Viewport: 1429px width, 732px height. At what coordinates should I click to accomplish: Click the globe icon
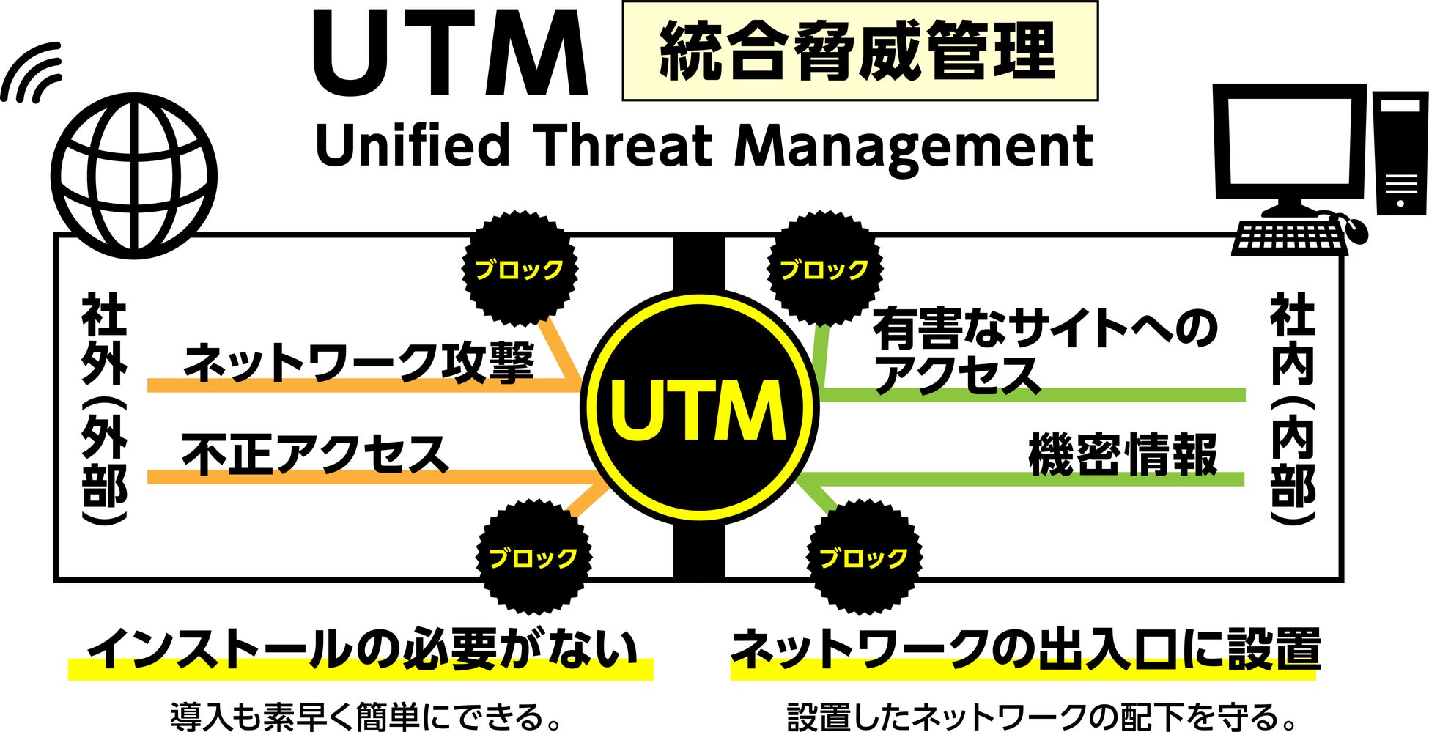pyautogui.click(x=136, y=176)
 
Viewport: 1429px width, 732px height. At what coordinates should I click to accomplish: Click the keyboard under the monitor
pyautogui.click(x=1290, y=237)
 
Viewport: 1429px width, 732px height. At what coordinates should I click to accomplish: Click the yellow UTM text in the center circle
pyautogui.click(x=698, y=411)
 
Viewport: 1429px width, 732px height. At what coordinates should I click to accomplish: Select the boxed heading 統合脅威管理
pyautogui.click(x=859, y=51)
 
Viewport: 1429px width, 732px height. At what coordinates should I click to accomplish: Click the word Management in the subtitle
pyautogui.click(x=913, y=147)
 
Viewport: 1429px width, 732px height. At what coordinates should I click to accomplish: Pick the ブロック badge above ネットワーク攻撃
pyautogui.click(x=519, y=269)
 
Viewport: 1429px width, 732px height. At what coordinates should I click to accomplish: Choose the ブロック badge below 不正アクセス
pyautogui.click(x=533, y=558)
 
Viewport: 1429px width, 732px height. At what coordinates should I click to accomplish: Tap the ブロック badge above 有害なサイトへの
pyautogui.click(x=824, y=269)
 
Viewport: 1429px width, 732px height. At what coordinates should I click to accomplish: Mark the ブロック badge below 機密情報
pyautogui.click(x=863, y=558)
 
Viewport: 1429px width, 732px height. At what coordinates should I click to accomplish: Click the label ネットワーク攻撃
pyautogui.click(x=358, y=363)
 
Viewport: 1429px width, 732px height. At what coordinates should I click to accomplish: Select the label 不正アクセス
pyautogui.click(x=315, y=454)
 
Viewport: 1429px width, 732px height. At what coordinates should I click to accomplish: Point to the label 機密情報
pyautogui.click(x=1123, y=454)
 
